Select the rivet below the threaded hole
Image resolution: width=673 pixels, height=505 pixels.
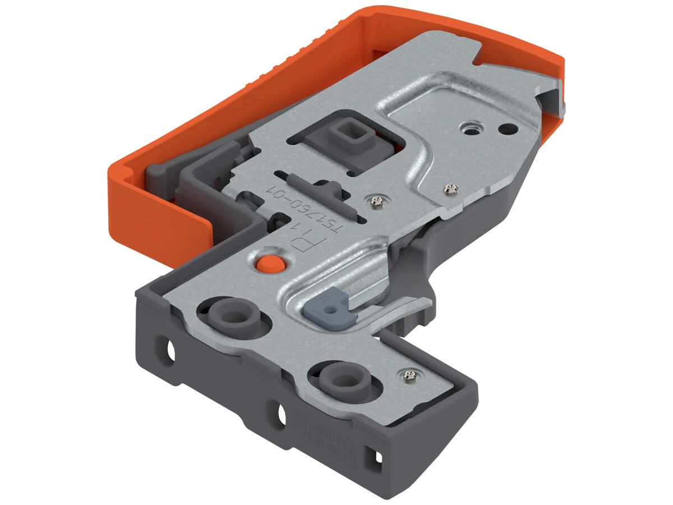(449, 188)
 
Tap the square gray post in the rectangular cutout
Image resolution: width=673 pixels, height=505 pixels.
(343, 134)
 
